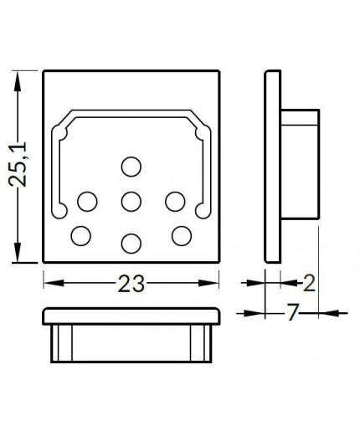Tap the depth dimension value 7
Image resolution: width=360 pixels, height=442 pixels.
(x=292, y=314)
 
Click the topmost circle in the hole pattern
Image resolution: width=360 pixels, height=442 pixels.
(x=130, y=167)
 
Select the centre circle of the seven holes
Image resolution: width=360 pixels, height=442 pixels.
(x=130, y=202)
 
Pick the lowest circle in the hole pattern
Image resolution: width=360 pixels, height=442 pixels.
(x=130, y=244)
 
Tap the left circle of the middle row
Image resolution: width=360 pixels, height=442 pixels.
(x=87, y=202)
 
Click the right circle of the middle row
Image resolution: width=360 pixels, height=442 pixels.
(x=174, y=202)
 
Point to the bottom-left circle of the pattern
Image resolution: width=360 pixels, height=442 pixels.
(x=80, y=236)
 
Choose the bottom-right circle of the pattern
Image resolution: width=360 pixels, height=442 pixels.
(x=181, y=236)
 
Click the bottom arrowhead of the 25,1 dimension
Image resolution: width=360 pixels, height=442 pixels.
(x=17, y=257)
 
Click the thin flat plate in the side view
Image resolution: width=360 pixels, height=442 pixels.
(x=272, y=166)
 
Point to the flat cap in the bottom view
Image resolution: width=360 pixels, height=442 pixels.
(x=131, y=316)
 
